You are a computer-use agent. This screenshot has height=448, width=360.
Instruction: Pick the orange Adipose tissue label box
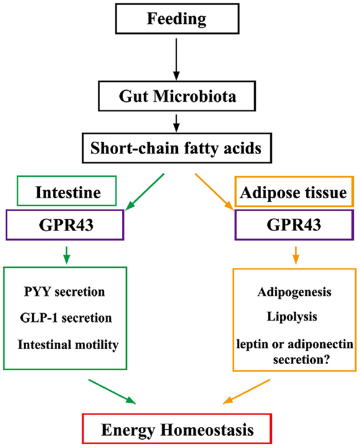pyautogui.click(x=295, y=193)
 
